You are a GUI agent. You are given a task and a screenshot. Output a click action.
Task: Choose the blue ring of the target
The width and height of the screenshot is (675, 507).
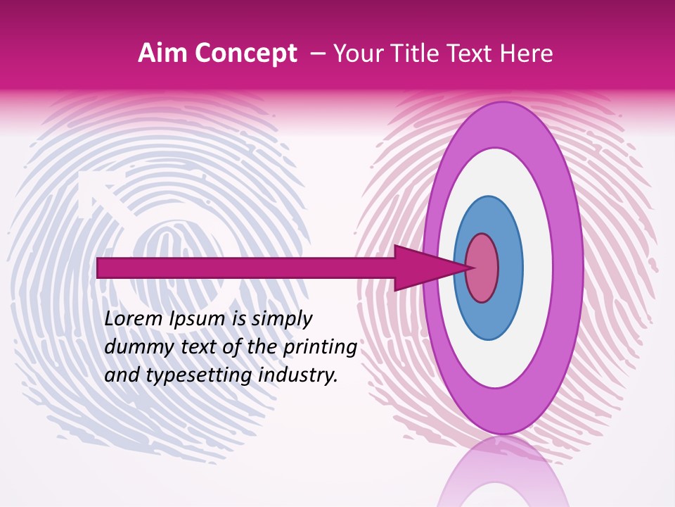tap(510, 268)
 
